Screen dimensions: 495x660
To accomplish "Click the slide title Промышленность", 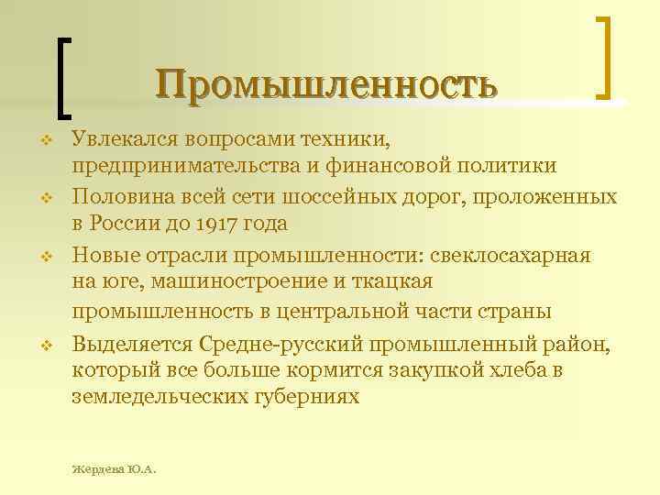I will click(x=326, y=83).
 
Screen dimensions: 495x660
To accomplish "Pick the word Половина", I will click(x=118, y=196).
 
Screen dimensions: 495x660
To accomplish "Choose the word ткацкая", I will click(x=397, y=281).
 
